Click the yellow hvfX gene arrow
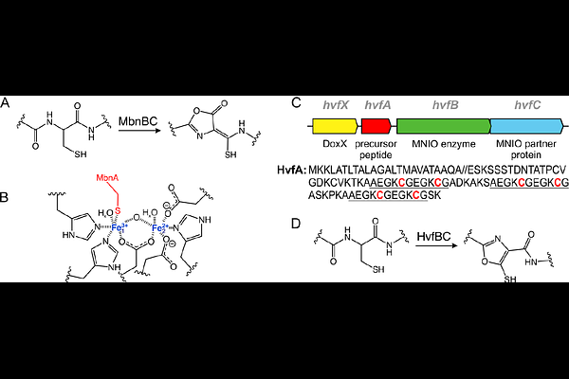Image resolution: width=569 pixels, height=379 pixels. (335, 126)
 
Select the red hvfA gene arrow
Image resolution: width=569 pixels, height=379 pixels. (376, 126)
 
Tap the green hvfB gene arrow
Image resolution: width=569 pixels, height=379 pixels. (444, 126)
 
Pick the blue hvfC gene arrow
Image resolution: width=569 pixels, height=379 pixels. (527, 126)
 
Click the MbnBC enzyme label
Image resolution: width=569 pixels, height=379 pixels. (138, 121)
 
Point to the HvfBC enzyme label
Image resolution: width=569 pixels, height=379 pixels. (433, 237)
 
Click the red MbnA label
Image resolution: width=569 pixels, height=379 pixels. (107, 178)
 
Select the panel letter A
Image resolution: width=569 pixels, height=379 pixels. (5, 103)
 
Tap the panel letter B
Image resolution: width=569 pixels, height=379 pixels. (4, 197)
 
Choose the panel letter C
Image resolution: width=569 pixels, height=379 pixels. (297, 103)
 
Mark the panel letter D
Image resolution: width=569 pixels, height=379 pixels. (296, 224)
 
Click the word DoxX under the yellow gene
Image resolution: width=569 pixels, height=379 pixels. (335, 144)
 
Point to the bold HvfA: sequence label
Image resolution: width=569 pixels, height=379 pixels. (291, 170)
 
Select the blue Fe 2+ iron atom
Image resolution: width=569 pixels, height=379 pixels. (159, 227)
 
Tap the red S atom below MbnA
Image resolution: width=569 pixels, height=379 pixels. (118, 210)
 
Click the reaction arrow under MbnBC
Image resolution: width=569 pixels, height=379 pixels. (139, 130)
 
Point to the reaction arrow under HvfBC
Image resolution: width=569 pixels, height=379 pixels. (436, 245)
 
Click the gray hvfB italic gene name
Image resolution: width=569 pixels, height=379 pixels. (446, 105)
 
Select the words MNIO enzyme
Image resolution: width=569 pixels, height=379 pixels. (444, 144)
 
